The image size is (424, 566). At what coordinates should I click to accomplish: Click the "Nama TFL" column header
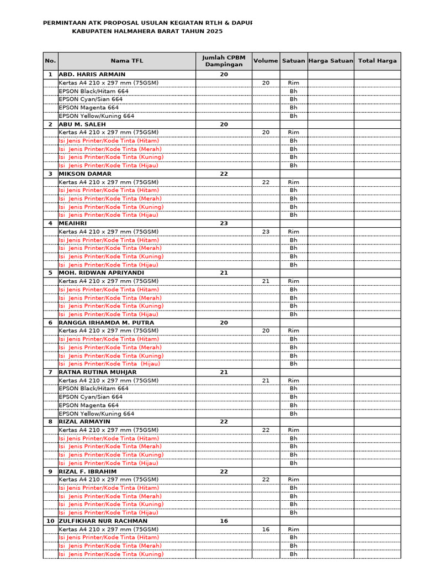click(x=126, y=61)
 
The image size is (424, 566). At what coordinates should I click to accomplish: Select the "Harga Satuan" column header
click(x=330, y=61)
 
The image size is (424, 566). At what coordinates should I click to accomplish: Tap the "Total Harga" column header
click(x=377, y=61)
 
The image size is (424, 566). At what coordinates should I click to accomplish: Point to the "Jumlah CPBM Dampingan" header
click(x=224, y=61)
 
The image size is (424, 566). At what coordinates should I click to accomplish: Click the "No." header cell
click(x=50, y=61)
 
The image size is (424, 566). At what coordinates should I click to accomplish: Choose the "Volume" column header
click(x=266, y=61)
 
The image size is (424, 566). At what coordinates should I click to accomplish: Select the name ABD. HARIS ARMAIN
click(x=92, y=74)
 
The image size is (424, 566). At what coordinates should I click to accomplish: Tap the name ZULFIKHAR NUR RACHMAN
click(x=103, y=521)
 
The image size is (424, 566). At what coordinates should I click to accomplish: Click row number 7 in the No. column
click(x=50, y=372)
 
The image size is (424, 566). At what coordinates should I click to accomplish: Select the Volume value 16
click(x=266, y=529)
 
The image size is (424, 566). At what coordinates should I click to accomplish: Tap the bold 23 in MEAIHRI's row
click(x=224, y=223)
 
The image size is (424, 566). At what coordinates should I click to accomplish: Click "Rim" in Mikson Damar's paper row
click(x=293, y=182)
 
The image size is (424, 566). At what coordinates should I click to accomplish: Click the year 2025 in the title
click(x=215, y=32)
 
